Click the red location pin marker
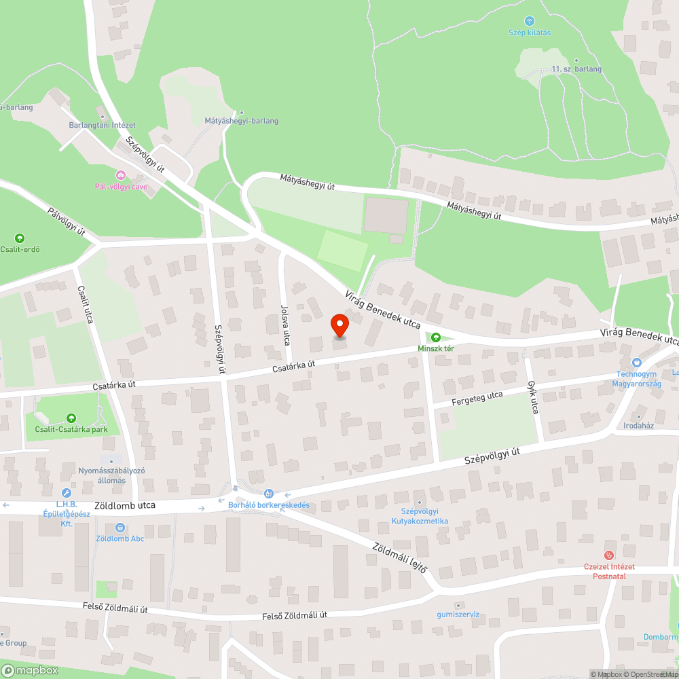339,326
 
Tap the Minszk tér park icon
435,337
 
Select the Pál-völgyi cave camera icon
121,175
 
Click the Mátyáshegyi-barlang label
241,121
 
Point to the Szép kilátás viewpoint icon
530,21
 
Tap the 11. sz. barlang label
576,69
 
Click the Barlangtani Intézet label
103,125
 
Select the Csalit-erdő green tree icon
20,238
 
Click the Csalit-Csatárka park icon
71,418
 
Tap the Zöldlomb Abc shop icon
120,527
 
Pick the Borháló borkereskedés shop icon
269,494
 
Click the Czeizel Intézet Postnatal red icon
609,555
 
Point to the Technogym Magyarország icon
636,363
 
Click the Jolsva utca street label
286,325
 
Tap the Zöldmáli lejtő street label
399,557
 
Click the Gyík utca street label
533,398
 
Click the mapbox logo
31,669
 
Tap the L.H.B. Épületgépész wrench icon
67,493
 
